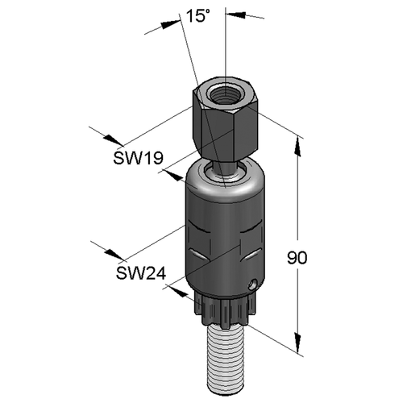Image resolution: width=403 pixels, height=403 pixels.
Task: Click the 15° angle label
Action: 197,16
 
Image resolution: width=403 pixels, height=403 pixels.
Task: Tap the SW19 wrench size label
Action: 138,158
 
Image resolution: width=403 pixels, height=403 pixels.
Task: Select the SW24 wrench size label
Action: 141,273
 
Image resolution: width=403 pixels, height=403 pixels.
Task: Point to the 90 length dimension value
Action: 297,258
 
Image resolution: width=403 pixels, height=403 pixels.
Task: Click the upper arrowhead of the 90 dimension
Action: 297,147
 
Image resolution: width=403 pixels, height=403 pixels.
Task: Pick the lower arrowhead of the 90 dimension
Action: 297,343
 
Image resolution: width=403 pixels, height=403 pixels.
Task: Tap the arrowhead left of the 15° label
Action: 170,24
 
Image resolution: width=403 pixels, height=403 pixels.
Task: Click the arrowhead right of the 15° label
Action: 235,15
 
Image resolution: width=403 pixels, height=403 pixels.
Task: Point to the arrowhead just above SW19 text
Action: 114,139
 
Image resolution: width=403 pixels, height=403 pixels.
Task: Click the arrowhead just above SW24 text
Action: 115,255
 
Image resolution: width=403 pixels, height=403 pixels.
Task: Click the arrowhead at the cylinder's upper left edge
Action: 174,176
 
